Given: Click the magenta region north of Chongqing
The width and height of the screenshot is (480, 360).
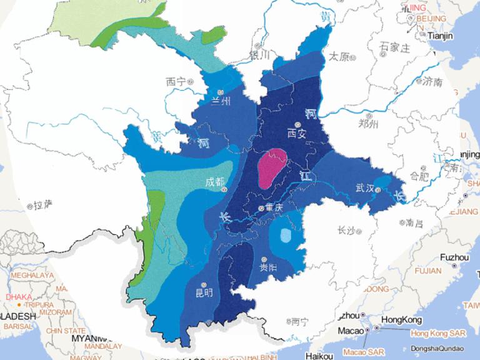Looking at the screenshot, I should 272,169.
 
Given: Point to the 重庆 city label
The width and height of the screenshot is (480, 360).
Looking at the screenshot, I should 274,207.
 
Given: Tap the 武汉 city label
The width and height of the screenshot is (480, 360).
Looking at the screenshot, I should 364,187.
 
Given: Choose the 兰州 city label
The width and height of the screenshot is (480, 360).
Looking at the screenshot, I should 221,101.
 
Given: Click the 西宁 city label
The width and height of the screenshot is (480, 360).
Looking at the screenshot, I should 176,81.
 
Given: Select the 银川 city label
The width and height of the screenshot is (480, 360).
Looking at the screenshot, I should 259,55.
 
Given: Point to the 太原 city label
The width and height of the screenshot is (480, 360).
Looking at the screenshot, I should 338,56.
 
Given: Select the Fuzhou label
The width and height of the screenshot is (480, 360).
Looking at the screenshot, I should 454,257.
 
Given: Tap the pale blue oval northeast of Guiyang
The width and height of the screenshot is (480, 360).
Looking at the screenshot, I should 285,236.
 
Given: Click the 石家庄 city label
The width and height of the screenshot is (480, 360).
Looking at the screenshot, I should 394,47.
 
